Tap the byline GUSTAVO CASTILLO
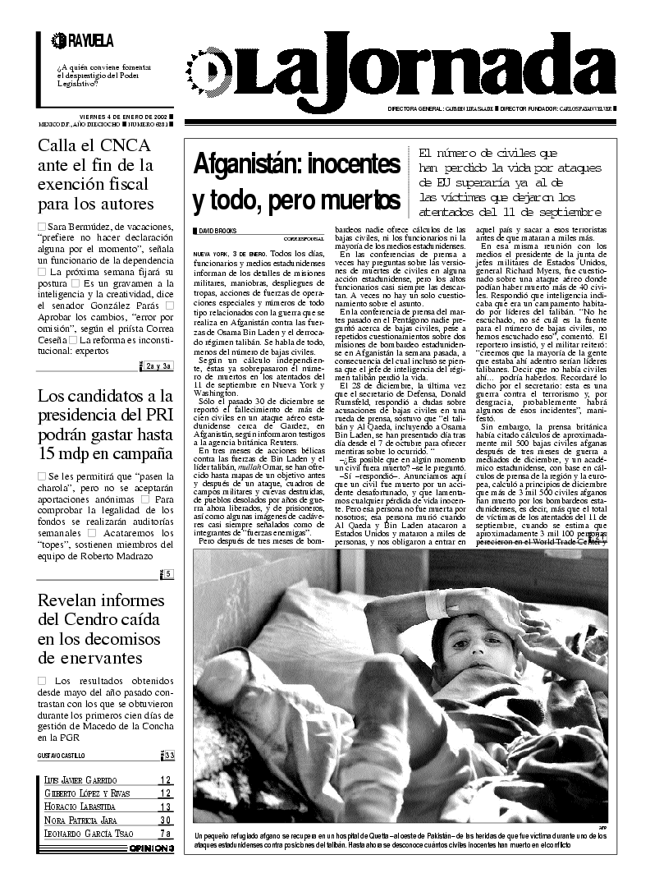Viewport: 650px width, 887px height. (61, 755)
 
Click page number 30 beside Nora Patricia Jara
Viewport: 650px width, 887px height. (165, 820)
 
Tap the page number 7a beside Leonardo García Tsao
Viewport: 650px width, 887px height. (165, 833)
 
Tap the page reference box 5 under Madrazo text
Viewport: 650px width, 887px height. (168, 574)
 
